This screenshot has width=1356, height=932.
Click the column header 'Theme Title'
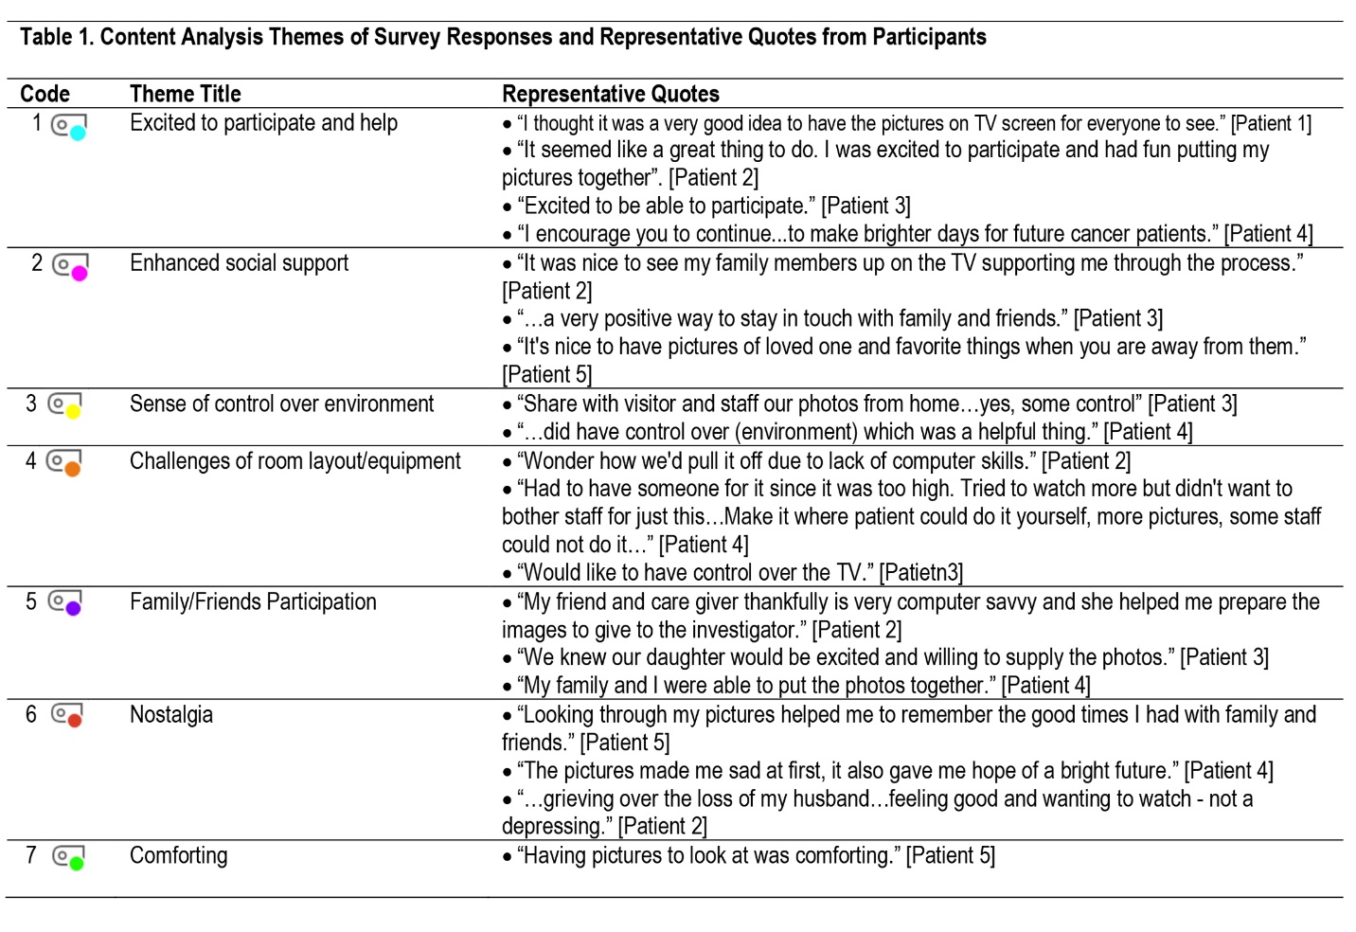click(185, 94)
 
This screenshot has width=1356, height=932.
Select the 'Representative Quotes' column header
click(610, 94)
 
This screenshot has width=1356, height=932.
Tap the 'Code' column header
click(45, 94)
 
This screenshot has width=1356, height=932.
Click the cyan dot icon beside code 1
click(78, 133)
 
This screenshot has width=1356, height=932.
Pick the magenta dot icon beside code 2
click(80, 273)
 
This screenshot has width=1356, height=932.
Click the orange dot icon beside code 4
click(72, 469)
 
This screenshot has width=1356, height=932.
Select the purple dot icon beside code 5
click(73, 609)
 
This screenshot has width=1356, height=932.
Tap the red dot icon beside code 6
click(75, 721)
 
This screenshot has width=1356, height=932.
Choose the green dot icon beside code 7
click(76, 863)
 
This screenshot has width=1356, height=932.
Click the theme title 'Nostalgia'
click(171, 714)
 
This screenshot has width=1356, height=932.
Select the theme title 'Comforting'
click(178, 855)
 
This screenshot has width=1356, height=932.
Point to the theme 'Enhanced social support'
click(239, 262)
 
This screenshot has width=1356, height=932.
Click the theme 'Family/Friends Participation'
click(253, 601)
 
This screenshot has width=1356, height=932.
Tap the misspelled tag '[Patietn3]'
click(920, 572)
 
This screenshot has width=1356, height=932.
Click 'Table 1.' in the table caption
click(57, 37)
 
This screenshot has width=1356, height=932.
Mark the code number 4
click(31, 460)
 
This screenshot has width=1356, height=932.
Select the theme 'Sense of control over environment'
click(281, 403)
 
